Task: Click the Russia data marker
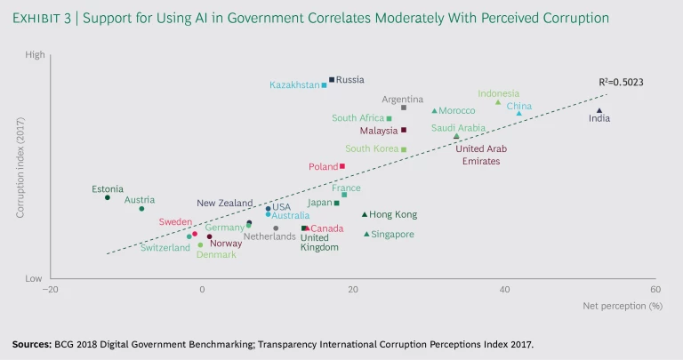pyautogui.click(x=332, y=79)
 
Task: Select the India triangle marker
pyautogui.click(x=599, y=111)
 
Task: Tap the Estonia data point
pyautogui.click(x=108, y=197)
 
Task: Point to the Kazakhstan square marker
pyautogui.click(x=324, y=85)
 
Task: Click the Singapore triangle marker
pyautogui.click(x=366, y=234)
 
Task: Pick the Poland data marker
pyautogui.click(x=342, y=166)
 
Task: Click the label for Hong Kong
pyautogui.click(x=393, y=215)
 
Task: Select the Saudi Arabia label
pyautogui.click(x=458, y=128)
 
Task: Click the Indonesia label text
pyautogui.click(x=498, y=93)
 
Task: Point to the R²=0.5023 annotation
pyautogui.click(x=621, y=83)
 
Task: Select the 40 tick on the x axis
pyautogui.click(x=504, y=290)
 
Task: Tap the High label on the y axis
pyautogui.click(x=35, y=55)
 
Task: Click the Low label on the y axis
pyautogui.click(x=35, y=278)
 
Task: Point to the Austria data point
pyautogui.click(x=141, y=209)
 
